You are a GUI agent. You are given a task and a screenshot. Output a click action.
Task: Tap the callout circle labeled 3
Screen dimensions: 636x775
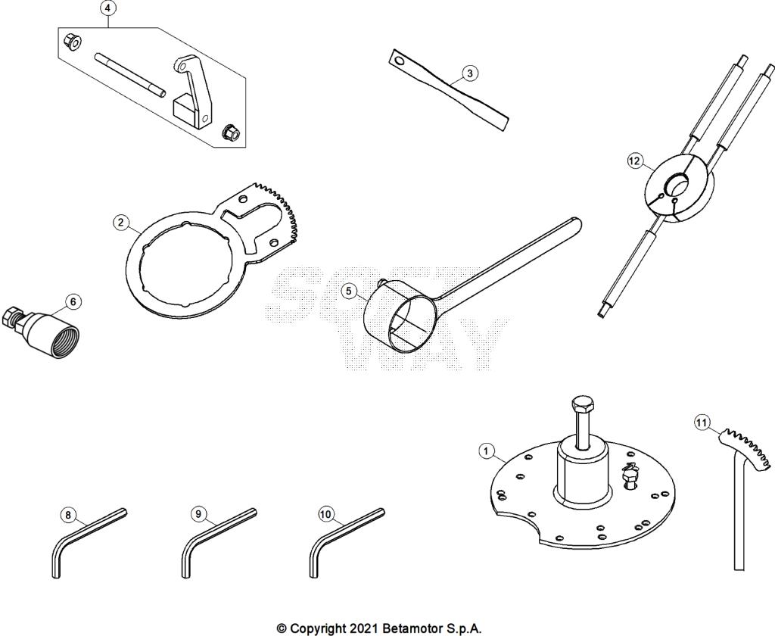469,73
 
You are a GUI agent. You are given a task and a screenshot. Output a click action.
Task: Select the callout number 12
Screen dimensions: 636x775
635,161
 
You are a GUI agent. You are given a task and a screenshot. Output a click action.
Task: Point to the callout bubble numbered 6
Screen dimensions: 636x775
73,302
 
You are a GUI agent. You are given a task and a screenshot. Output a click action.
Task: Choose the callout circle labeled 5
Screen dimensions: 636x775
348,291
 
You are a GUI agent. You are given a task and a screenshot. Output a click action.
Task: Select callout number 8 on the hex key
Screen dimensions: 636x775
69,516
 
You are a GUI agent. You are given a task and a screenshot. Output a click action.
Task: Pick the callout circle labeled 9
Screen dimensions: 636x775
198,514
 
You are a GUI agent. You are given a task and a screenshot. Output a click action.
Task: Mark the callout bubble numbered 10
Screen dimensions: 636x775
326,514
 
